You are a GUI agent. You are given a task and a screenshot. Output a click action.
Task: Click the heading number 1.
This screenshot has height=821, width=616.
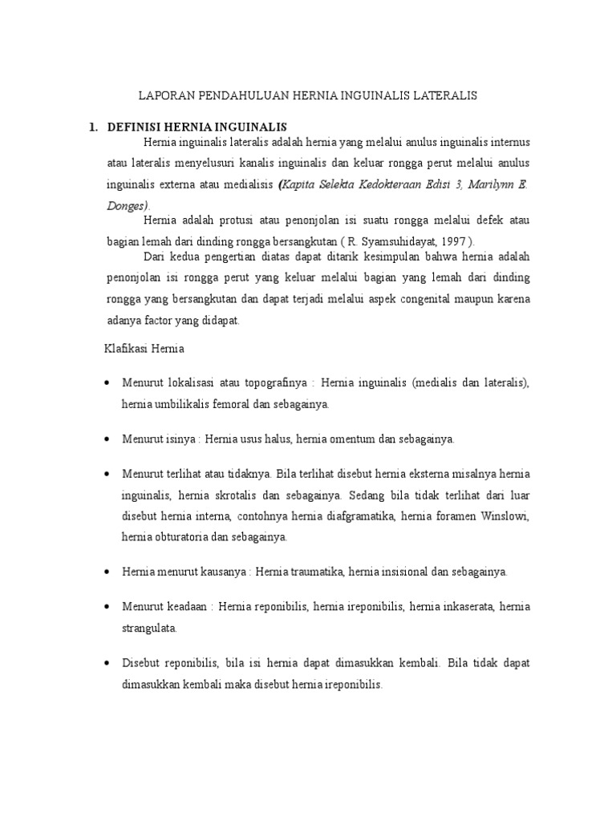(92, 127)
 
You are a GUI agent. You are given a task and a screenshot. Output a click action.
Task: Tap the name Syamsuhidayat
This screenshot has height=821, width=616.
(392, 241)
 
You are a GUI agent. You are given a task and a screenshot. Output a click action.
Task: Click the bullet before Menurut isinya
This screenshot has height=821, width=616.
(107, 440)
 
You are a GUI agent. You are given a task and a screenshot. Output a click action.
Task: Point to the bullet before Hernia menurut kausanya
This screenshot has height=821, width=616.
(107, 572)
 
